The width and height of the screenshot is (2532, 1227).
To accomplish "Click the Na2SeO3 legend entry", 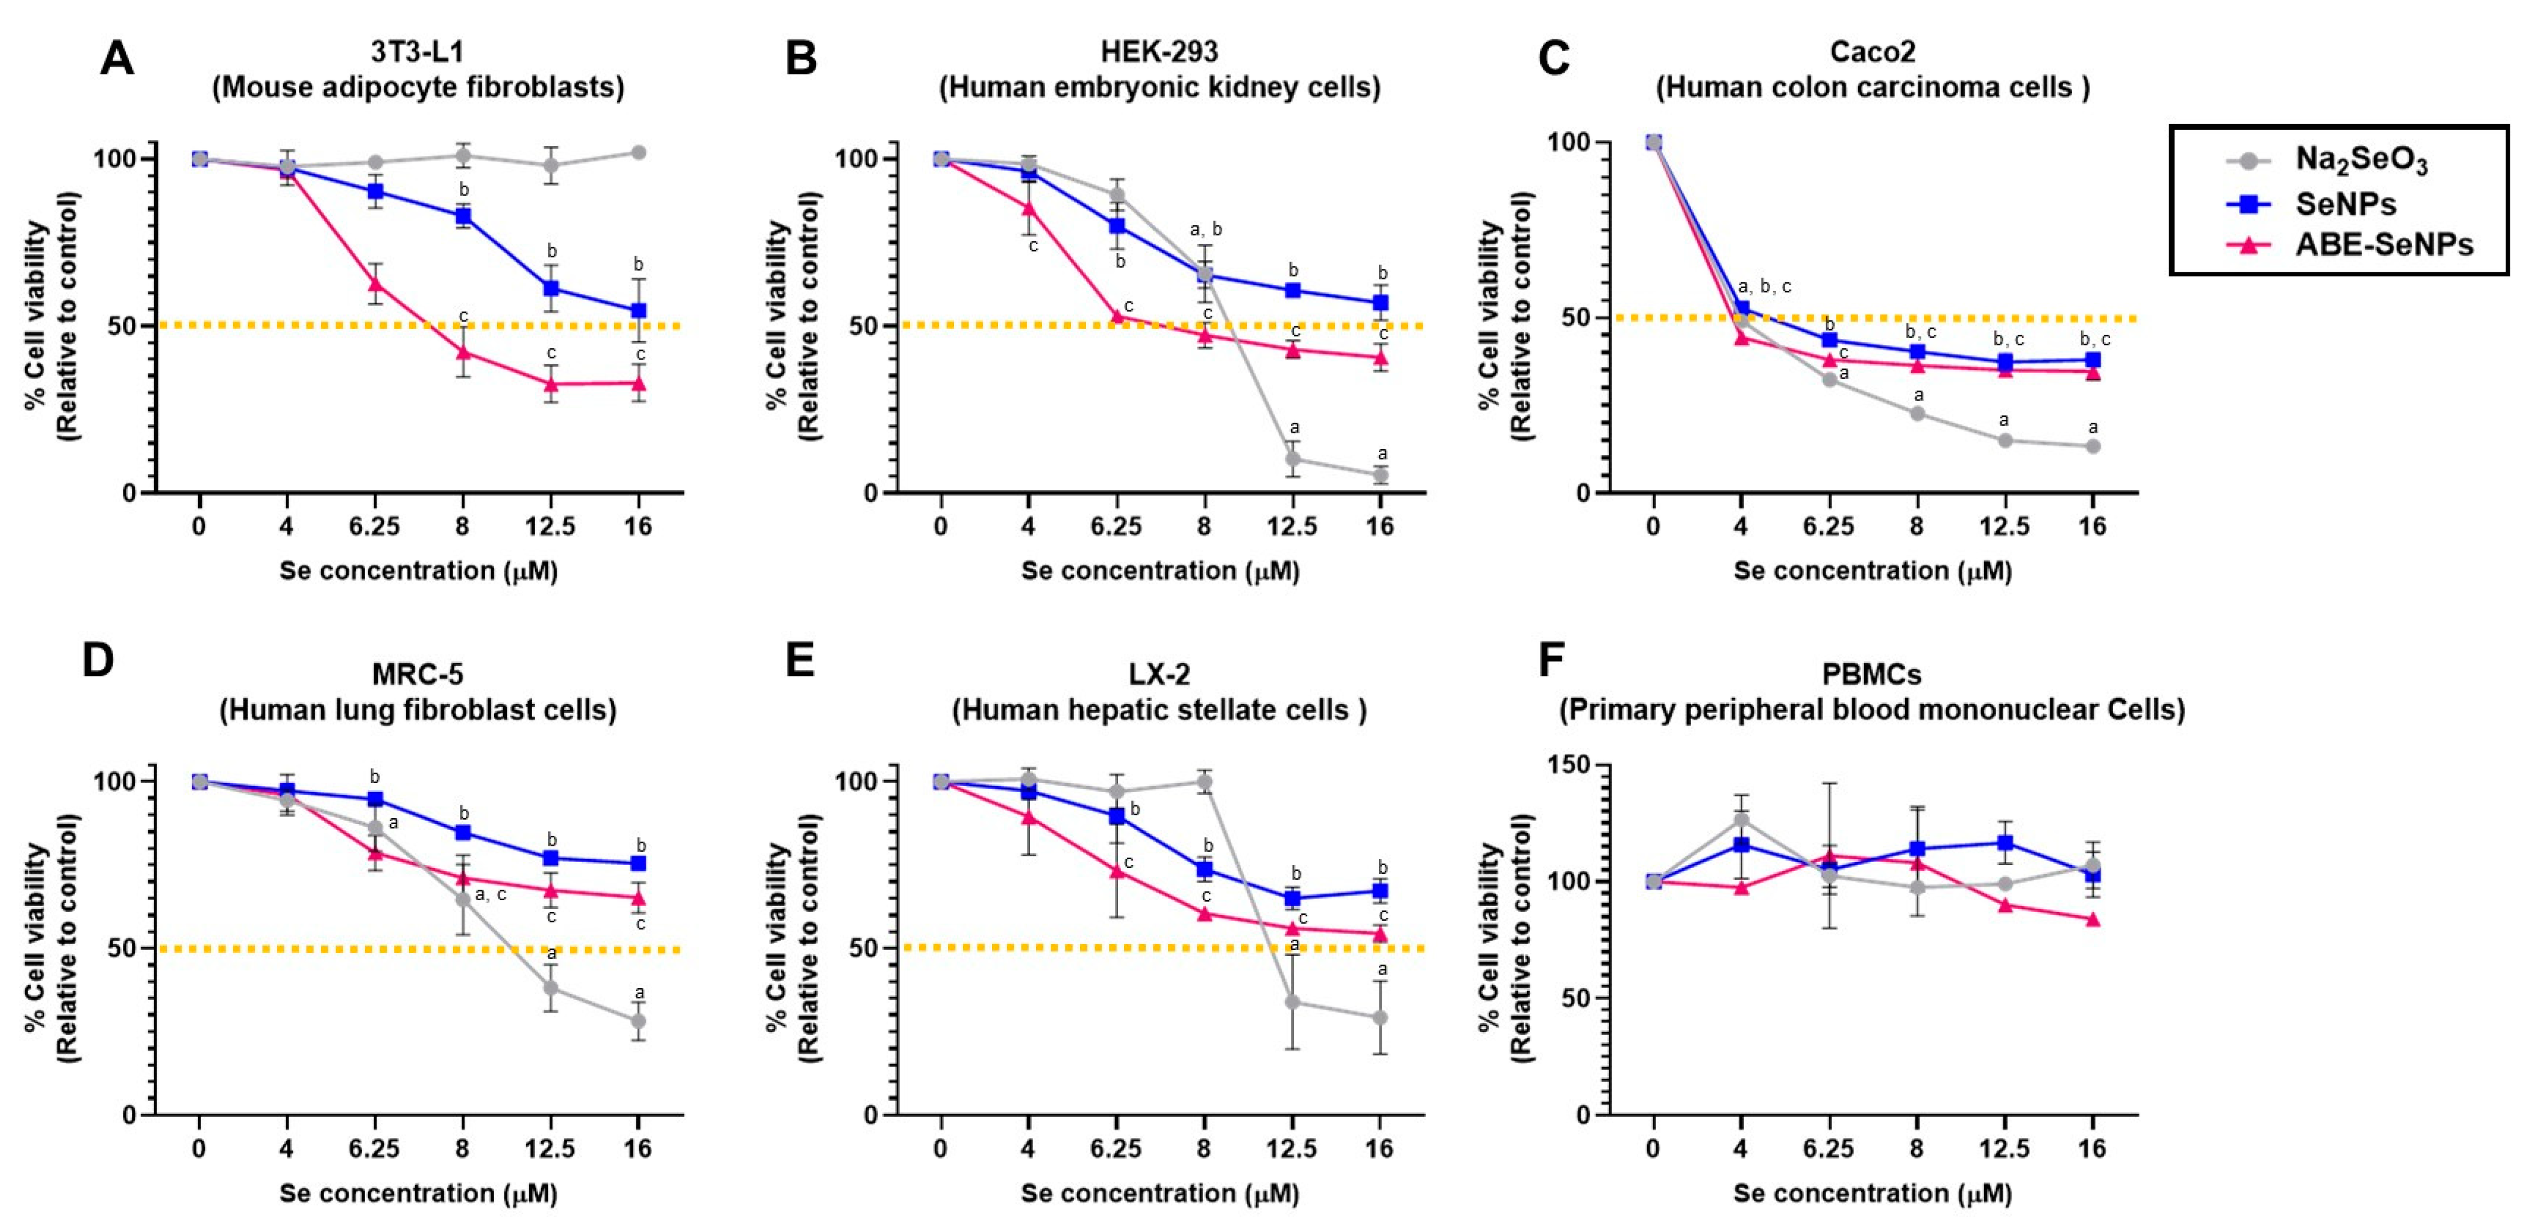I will [2359, 160].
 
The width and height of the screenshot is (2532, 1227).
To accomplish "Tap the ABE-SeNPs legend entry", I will [2383, 245].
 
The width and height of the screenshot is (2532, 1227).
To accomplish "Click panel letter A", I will [117, 59].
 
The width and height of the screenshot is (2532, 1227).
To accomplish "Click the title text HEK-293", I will [1159, 51].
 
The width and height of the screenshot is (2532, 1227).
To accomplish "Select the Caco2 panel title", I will [1872, 51].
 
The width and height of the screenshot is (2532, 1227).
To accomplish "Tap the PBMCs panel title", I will [1872, 674].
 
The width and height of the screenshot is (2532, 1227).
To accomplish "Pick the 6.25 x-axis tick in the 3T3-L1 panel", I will [374, 527].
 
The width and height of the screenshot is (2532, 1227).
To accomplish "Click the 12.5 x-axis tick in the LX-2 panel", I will [1291, 1149].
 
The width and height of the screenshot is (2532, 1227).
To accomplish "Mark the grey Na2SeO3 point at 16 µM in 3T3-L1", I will [638, 152].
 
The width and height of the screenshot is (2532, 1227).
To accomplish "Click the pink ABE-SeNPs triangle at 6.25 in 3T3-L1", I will [374, 284].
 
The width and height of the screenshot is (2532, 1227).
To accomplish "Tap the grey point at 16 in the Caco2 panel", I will [2093, 446].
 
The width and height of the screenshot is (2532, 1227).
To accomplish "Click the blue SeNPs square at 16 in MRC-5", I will [638, 863].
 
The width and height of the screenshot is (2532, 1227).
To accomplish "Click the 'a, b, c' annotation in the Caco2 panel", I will [1764, 287].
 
